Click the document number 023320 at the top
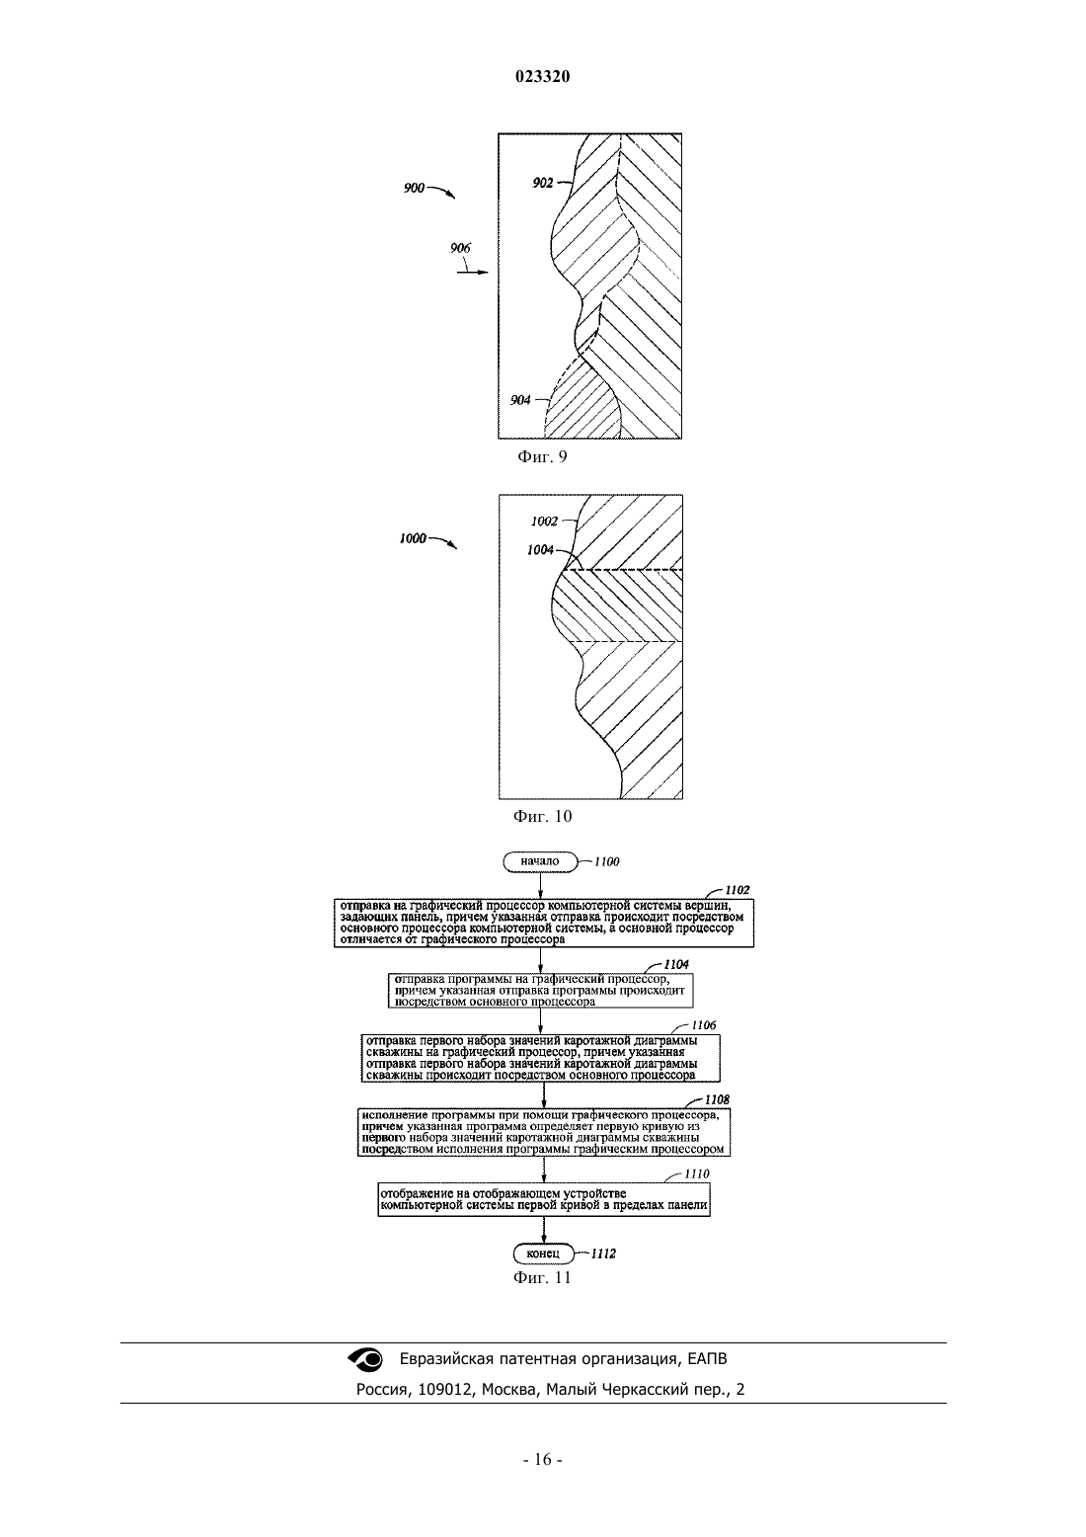[542, 77]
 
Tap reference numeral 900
[414, 188]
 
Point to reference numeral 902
[542, 183]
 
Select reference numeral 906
[461, 248]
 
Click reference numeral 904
[520, 400]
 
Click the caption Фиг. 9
[542, 457]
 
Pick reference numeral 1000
[413, 539]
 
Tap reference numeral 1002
[544, 522]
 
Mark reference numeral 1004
[540, 550]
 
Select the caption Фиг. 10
[542, 817]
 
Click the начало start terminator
[540, 861]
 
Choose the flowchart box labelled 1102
[544, 923]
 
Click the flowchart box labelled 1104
[540, 991]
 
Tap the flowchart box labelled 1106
[540, 1059]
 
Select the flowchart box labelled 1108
[544, 1132]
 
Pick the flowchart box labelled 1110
[544, 1200]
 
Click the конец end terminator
[543, 1254]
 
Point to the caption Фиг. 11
[542, 1277]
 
